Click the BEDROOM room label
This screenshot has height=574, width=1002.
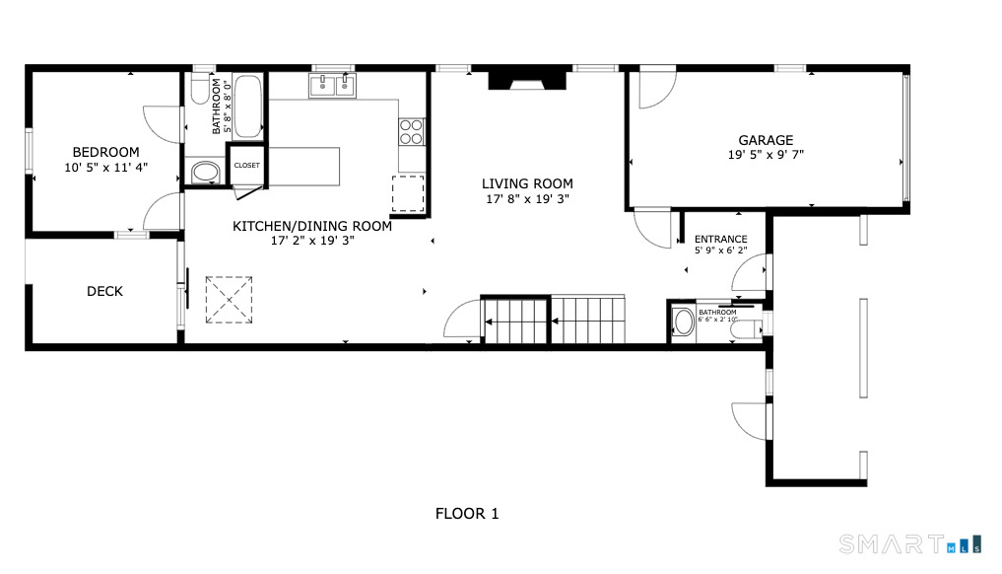tap(105, 152)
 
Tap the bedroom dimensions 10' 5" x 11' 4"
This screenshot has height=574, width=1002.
tap(105, 168)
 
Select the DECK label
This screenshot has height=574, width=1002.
tap(104, 291)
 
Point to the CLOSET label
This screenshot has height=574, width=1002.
tap(246, 166)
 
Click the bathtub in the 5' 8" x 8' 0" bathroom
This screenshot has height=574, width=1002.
tap(248, 107)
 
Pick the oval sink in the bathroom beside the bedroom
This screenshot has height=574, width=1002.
tap(205, 173)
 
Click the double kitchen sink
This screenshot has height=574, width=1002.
tap(332, 87)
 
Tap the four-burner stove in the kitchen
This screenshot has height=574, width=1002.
tap(411, 130)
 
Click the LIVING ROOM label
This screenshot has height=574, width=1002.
tap(526, 183)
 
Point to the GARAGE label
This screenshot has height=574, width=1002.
tap(766, 140)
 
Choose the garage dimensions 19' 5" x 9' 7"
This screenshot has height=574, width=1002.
tap(766, 155)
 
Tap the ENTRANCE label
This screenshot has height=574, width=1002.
tap(720, 239)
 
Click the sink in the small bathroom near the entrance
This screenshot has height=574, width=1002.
tap(683, 322)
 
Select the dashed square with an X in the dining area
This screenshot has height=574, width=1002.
tap(228, 299)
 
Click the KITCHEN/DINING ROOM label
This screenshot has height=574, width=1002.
tap(311, 226)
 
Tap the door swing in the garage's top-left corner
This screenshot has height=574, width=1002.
tap(652, 91)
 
